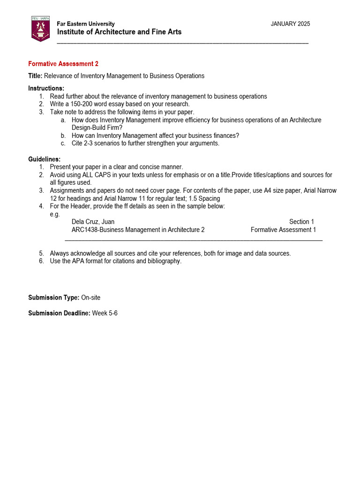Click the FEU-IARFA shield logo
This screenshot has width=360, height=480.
40,29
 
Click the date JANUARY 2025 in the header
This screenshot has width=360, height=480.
290,24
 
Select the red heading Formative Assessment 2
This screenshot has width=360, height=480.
63,64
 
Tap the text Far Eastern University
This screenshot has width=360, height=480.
85,24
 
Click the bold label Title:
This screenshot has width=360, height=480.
35,76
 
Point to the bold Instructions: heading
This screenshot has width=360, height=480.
46,89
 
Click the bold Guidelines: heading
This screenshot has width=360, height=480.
44,159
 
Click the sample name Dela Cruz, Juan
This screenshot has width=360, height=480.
93,222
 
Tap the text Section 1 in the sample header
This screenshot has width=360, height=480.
301,222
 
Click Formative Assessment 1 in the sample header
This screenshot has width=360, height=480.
283,230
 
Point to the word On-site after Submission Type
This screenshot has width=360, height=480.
90,298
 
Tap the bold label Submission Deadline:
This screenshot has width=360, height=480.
59,313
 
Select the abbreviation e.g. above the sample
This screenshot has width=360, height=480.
55,214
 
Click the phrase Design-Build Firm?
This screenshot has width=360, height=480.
97,127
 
